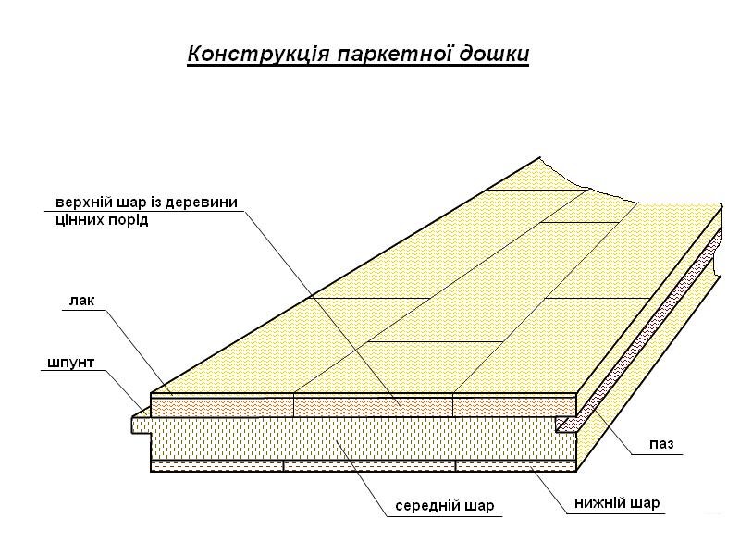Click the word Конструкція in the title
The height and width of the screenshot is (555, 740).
point(259,54)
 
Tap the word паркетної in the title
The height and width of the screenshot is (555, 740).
point(394,54)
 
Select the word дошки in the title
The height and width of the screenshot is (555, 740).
point(494,54)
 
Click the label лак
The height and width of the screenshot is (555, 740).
point(81,301)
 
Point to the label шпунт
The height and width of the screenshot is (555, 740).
point(71,363)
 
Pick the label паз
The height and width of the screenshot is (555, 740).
point(661,444)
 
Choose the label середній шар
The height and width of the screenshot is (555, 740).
point(445,506)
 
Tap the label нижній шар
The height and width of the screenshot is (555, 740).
point(617,502)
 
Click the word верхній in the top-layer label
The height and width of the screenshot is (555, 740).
point(83,203)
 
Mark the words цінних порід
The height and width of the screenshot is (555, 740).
point(102,220)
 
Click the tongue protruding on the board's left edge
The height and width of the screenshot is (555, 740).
point(142,425)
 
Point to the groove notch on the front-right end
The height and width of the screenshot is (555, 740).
point(566,424)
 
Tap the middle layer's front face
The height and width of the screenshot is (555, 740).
point(354,438)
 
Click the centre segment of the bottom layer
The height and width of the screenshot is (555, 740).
point(369,466)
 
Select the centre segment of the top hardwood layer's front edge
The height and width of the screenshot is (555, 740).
point(374,406)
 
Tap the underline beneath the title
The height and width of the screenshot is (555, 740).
point(358,66)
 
